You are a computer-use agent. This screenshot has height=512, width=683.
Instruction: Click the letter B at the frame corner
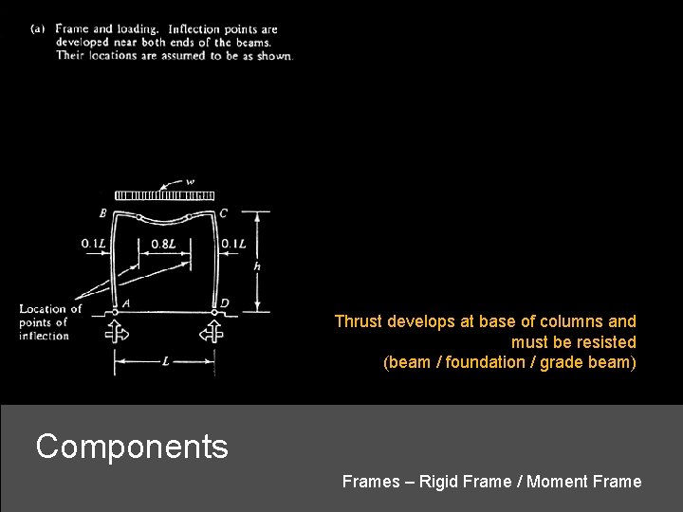[x=102, y=213]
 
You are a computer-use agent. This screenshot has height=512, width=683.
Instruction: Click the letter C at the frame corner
[x=223, y=213]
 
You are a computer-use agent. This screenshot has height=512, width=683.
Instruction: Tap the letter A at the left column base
[x=126, y=303]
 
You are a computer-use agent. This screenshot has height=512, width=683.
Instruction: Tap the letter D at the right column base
[x=224, y=303]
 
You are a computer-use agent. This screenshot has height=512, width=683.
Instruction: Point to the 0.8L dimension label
[x=164, y=244]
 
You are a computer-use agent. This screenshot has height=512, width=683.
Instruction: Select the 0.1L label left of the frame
[x=93, y=244]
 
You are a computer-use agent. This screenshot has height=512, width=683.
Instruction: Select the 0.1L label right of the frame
[x=233, y=244]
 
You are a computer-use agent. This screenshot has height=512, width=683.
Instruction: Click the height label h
[x=258, y=266]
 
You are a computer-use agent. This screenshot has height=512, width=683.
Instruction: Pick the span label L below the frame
[x=165, y=361]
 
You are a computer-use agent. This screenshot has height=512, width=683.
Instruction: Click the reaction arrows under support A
[x=116, y=332]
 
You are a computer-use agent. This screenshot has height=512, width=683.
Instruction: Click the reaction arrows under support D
[x=212, y=332]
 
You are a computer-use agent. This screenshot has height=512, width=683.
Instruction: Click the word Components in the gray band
[x=132, y=446]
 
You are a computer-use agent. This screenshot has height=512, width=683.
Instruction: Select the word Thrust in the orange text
[x=357, y=321]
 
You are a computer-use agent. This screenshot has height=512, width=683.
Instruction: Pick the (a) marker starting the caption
[x=38, y=29]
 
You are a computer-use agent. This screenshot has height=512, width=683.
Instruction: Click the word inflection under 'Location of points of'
[x=44, y=336]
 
